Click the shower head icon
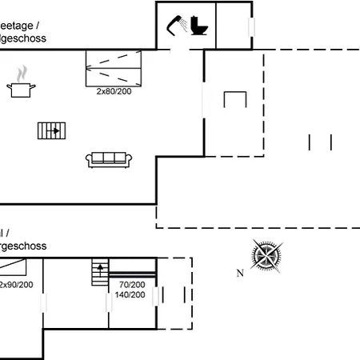tap(177, 26)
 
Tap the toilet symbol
tap(199, 26)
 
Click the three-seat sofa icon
tap(109, 159)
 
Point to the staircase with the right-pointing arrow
tap(50, 130)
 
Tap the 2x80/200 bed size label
tap(114, 91)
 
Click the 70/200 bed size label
tap(132, 285)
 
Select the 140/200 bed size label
tap(130, 294)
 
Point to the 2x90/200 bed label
tap(16, 285)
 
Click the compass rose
tap(266, 256)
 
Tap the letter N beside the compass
tap(239, 274)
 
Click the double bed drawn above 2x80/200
tap(114, 67)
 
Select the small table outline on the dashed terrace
tap(235, 100)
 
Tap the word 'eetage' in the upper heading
tap(19, 26)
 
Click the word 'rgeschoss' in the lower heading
tap(23, 246)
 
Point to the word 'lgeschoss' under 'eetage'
tap(23, 38)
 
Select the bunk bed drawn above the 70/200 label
tap(132, 269)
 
